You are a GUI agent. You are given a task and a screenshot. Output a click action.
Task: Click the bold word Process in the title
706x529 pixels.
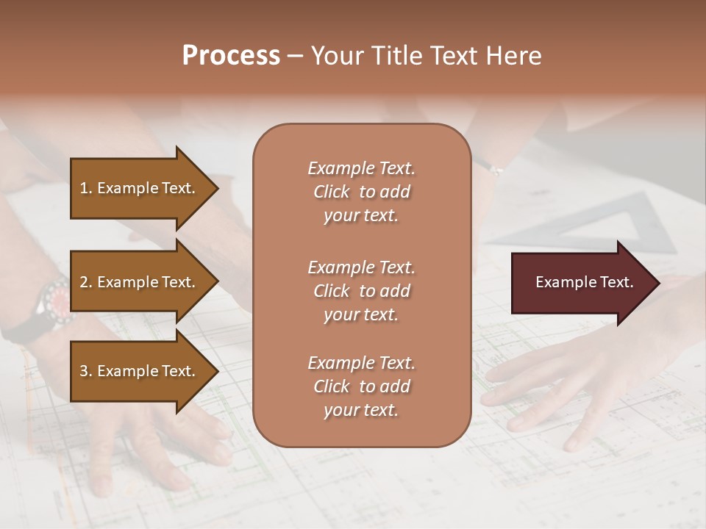pos(231,56)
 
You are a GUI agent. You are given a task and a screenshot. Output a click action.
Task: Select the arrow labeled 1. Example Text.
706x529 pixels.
pos(140,188)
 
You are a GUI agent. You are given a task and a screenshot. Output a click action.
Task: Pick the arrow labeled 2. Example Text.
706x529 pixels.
pos(140,282)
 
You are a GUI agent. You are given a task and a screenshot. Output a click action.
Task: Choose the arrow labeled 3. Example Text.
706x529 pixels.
pos(140,371)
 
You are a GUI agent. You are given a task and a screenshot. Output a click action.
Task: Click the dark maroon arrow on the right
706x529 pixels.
pos(581,282)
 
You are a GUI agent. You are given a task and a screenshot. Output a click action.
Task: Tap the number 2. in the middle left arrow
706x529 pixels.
pos(86,282)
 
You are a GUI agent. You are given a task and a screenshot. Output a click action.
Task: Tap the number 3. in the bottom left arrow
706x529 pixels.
pos(86,371)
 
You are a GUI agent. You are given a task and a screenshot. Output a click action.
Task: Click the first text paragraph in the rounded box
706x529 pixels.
pos(361,192)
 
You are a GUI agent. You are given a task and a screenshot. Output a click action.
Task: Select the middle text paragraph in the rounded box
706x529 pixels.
pos(361,291)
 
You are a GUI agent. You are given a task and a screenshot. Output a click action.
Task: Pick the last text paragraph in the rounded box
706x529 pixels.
pos(361,386)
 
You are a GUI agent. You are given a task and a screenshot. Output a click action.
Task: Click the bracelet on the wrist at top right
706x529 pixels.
pos(494,169)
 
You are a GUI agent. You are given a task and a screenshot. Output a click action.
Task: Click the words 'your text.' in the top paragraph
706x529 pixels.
pos(361,216)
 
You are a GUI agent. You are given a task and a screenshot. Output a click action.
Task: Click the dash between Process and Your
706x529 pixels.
pos(295,57)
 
